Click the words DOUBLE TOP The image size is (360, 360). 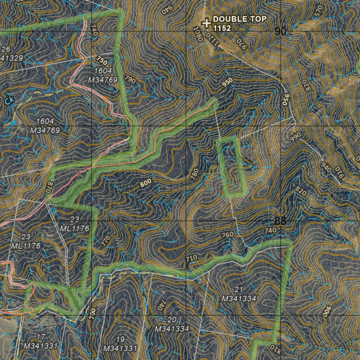[240, 19]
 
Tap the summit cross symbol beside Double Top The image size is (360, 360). [206, 23]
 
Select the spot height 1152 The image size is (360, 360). [222, 28]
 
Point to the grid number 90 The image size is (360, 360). [280, 32]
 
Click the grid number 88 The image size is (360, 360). [280, 221]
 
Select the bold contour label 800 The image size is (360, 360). [146, 183]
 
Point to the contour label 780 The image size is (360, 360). [194, 175]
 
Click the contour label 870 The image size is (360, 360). [49, 186]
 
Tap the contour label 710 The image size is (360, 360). [192, 258]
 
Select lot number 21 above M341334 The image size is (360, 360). [239, 290]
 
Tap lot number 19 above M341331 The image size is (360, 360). [120, 340]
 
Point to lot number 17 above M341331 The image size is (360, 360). [41, 337]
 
